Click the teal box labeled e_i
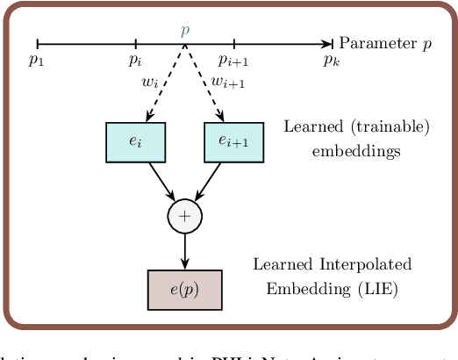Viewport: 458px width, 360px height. [135, 142]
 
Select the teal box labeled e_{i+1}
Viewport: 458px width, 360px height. [233, 142]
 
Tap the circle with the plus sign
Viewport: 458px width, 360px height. [184, 216]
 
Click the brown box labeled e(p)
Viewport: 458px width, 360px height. [184, 290]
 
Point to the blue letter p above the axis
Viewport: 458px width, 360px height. [184, 30]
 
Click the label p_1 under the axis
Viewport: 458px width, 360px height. [36, 61]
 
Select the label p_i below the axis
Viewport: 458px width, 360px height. [135, 61]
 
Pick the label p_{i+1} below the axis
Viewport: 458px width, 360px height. [234, 61]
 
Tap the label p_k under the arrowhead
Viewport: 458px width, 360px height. [331, 61]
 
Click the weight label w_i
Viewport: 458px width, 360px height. [149, 83]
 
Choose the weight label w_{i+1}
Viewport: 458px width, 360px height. [227, 83]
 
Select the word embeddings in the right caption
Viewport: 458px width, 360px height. [356, 150]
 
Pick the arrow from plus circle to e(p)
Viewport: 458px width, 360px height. [184, 251]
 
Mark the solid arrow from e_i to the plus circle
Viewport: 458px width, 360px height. [162, 181]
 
